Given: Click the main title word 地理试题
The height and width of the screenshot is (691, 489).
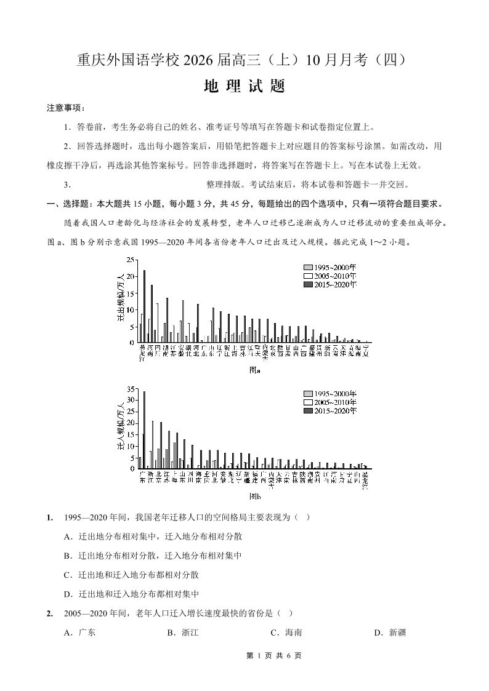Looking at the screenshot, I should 244,86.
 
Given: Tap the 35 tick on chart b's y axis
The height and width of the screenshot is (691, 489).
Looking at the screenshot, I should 131,389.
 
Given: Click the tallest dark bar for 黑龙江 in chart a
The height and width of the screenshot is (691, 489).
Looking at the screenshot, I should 145,306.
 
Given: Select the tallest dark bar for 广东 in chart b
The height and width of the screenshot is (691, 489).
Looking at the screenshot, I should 145,429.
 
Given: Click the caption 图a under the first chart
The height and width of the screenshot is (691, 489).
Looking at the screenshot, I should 254,370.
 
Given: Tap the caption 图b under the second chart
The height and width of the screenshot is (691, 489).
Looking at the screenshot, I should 254,496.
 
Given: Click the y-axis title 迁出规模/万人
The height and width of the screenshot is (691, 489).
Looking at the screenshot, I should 121,298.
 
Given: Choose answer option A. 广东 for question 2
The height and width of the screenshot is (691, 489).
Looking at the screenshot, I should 80,633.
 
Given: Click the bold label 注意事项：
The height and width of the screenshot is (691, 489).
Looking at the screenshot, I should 66,108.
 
